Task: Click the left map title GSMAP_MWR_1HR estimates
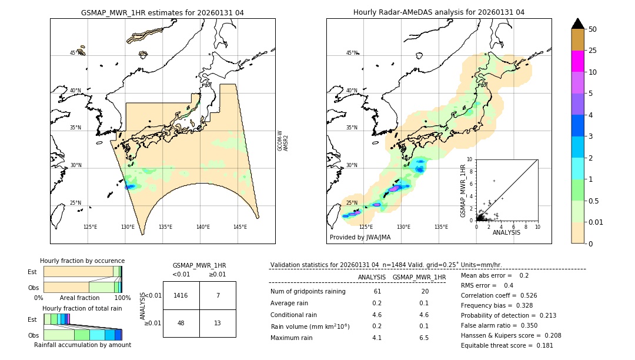pos(162,12)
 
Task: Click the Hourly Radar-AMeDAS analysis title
pos(439,12)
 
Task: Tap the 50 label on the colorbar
pos(593,29)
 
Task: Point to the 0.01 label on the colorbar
pos(596,222)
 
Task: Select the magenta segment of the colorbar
pos(577,61)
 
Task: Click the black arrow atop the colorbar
pos(577,24)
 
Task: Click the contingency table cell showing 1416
pos(181,295)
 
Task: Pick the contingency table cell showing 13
pos(218,323)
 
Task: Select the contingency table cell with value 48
pos(181,323)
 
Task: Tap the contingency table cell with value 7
pos(218,295)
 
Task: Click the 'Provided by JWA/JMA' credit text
pos(360,237)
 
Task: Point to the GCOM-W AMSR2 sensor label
pos(283,141)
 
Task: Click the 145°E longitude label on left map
pos(240,227)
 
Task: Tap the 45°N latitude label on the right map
pos(352,53)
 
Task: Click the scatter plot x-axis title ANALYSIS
pos(506,233)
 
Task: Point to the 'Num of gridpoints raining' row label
pos(308,291)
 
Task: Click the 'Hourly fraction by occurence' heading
pos(82,261)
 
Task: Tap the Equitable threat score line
pos(499,345)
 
